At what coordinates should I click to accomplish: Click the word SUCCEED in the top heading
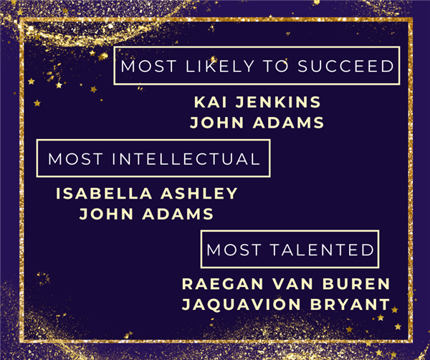[x=346, y=66]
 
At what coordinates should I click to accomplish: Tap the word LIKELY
[x=220, y=66]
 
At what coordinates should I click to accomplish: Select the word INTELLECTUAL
[x=186, y=159]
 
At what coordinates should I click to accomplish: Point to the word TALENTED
[x=322, y=250]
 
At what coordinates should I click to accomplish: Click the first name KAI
[x=210, y=102]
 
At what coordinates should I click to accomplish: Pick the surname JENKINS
[x=278, y=102]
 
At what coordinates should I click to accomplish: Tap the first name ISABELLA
[x=104, y=194]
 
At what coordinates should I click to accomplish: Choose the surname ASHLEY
[x=199, y=194]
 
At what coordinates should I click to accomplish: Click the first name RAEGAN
[x=223, y=284]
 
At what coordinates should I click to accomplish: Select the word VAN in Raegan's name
[x=292, y=284]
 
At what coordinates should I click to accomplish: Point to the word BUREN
[x=356, y=284]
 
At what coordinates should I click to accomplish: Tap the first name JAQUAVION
[x=242, y=304]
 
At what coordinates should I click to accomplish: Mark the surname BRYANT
[x=350, y=304]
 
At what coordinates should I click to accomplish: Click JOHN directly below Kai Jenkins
[x=216, y=123]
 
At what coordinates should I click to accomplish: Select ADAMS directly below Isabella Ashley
[x=178, y=214]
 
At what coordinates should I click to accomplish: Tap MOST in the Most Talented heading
[x=234, y=250]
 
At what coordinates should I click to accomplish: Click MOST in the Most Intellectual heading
[x=75, y=159]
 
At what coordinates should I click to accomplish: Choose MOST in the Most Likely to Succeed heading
[x=148, y=66]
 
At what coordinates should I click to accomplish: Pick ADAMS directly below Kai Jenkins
[x=288, y=123]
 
